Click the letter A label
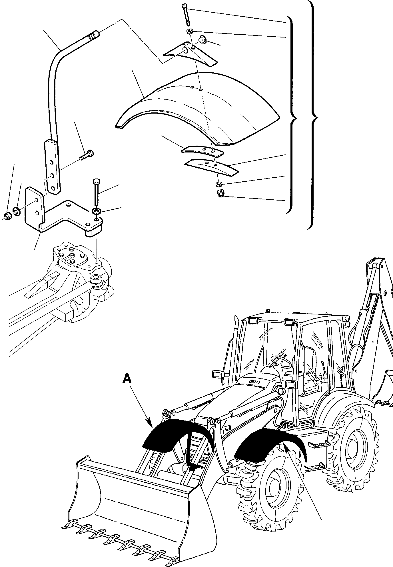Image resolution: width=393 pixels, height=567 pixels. click(127, 379)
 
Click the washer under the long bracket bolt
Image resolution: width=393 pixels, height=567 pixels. click(96, 211)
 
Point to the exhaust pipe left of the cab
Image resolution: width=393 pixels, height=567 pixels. click(236, 329)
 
